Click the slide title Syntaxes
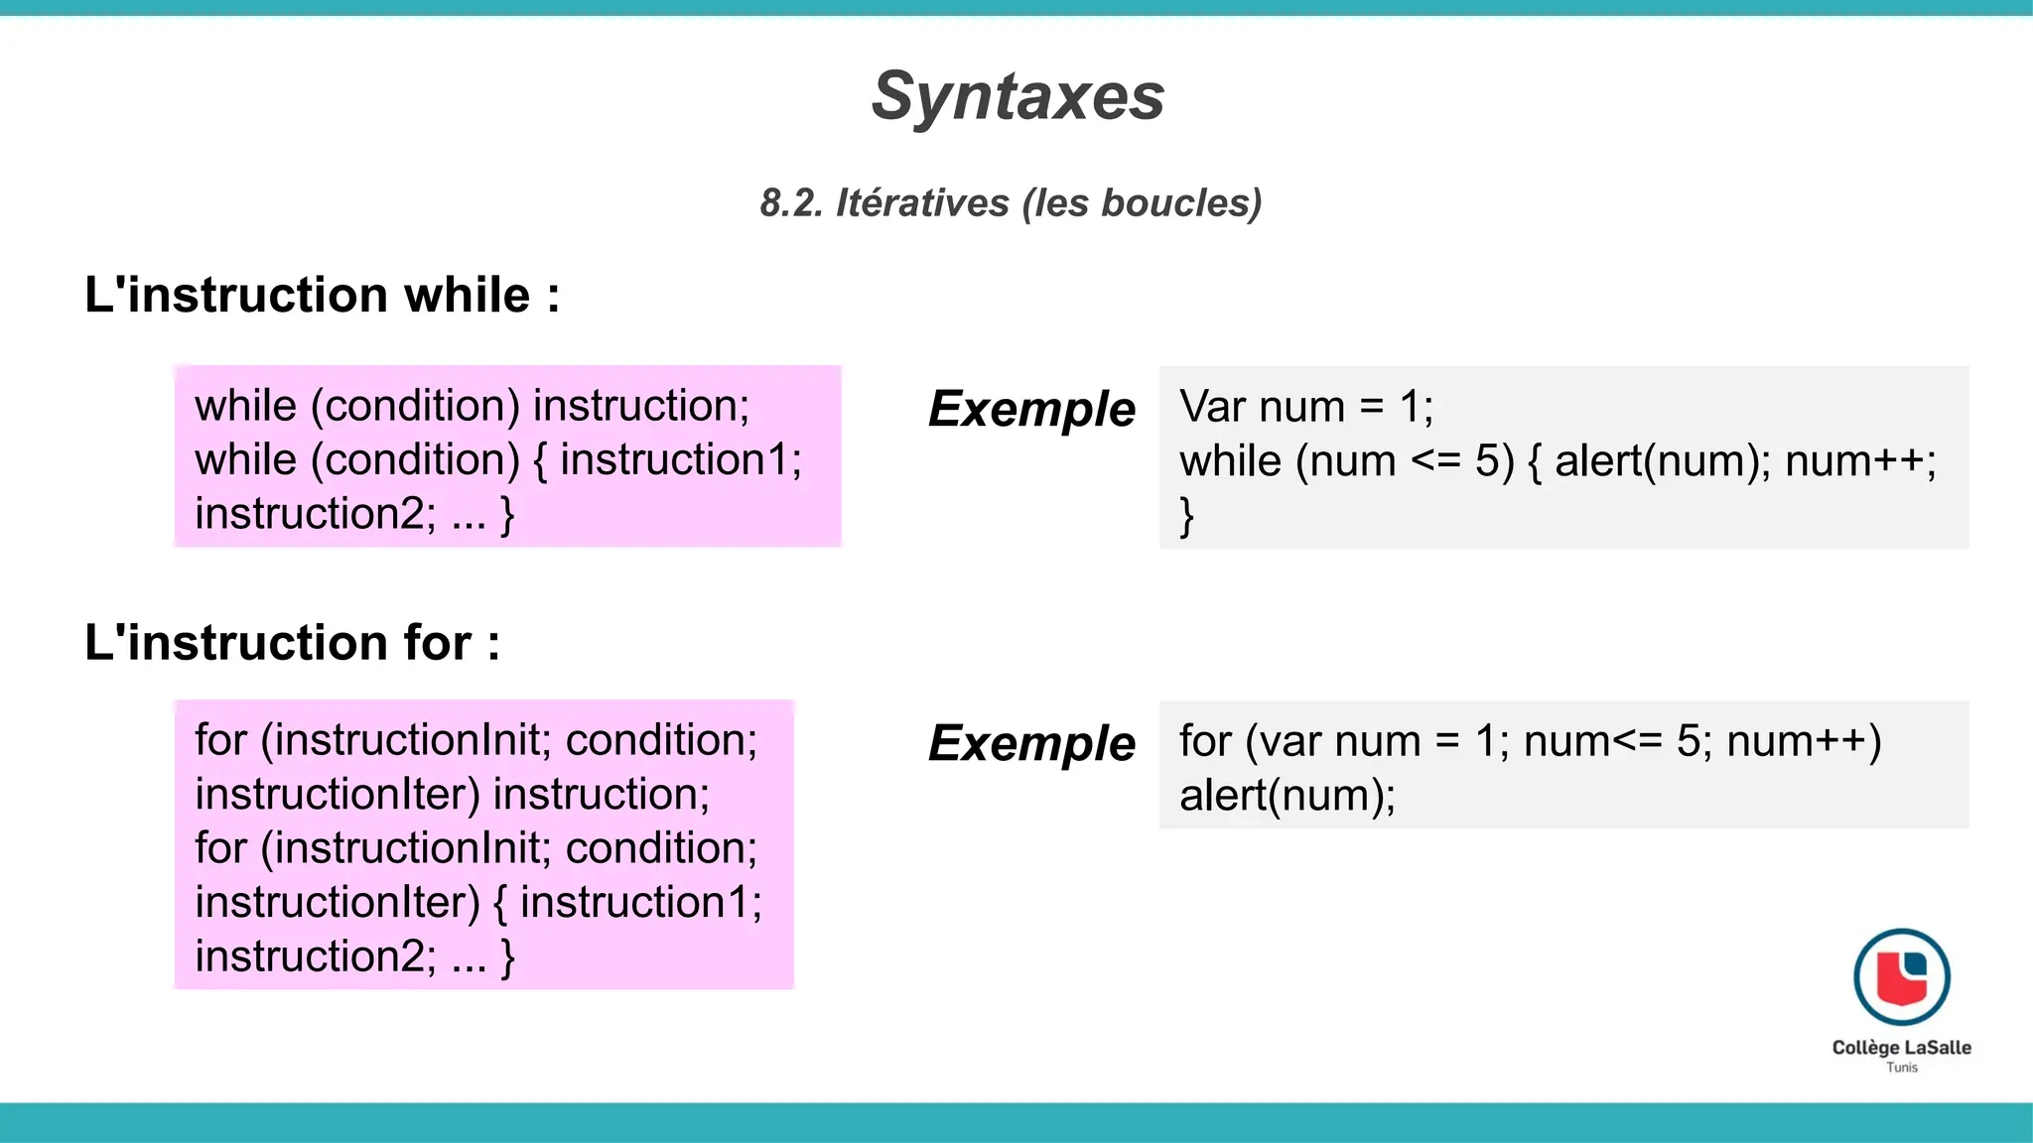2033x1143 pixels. click(1017, 97)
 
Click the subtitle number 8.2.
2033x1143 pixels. click(791, 202)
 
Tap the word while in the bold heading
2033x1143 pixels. click(467, 296)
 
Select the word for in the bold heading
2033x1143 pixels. click(437, 643)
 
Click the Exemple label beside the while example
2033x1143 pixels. click(1031, 409)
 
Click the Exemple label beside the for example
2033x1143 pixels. click(1031, 743)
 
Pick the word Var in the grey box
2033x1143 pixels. click(1212, 407)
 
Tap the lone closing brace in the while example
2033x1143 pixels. click(1186, 516)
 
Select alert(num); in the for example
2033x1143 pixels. click(1287, 796)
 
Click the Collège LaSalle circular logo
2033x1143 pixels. click(1901, 976)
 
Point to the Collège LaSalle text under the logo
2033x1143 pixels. click(1901, 1047)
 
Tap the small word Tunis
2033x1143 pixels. click(1901, 1068)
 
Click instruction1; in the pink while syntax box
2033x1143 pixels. click(680, 460)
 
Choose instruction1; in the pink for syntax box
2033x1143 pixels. click(640, 903)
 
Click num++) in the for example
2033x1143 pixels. click(1804, 741)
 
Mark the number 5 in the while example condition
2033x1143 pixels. click(1486, 461)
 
